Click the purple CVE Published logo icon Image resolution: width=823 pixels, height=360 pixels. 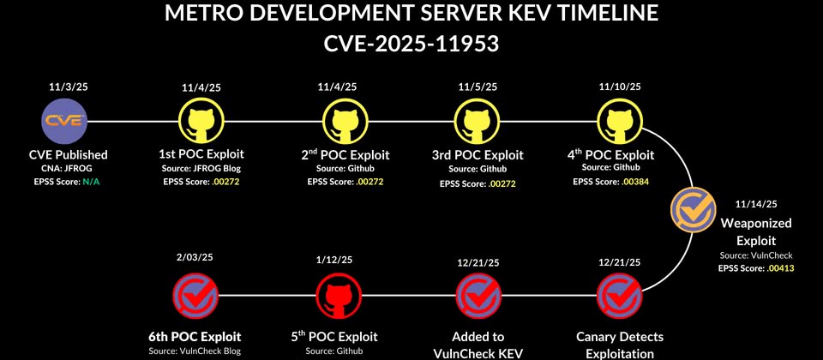(x=64, y=121)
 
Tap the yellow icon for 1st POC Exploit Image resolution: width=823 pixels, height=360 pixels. (x=201, y=121)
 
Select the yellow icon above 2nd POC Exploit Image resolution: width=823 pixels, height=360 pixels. (x=345, y=121)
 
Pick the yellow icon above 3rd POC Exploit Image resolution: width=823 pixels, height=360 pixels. (x=477, y=121)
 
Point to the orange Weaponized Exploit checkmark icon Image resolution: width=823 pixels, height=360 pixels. (x=694, y=210)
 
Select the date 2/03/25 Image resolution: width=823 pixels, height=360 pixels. (x=195, y=258)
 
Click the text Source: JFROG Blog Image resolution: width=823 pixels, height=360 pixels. (x=201, y=169)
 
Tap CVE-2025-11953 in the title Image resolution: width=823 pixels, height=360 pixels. (x=411, y=43)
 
